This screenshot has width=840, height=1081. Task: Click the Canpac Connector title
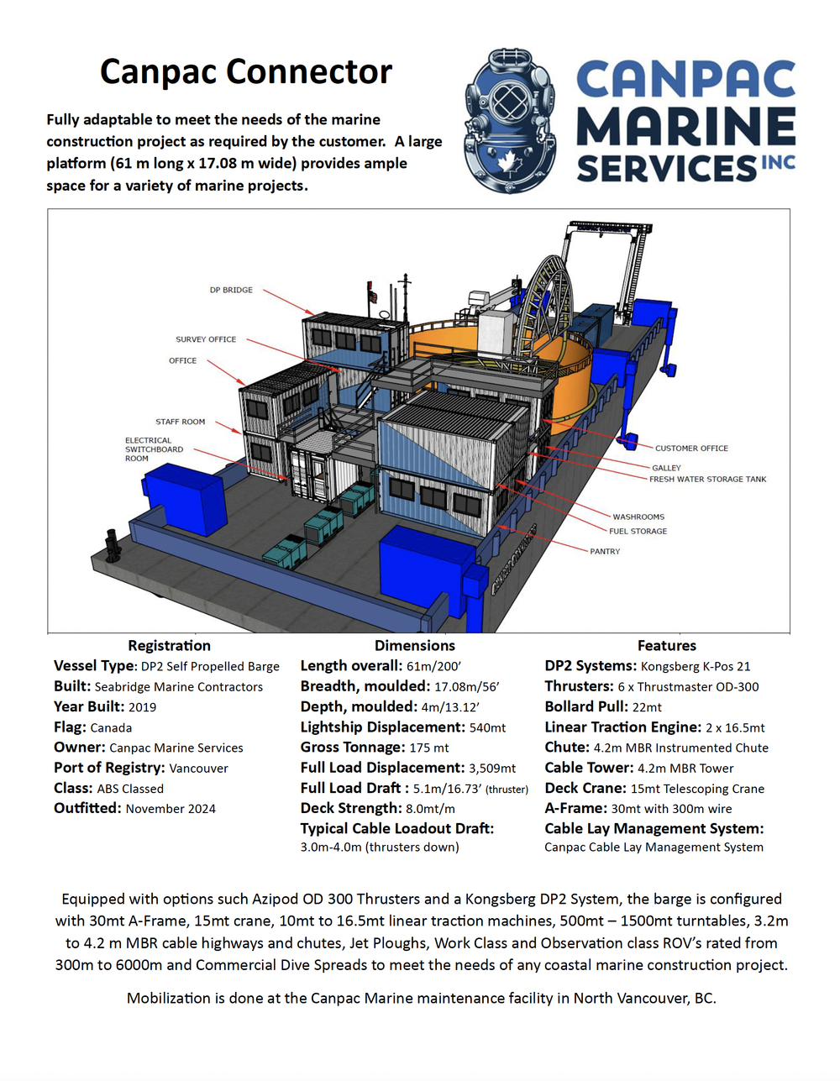point(246,72)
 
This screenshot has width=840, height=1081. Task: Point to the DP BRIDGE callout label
point(231,290)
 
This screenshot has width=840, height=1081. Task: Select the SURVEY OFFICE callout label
point(206,339)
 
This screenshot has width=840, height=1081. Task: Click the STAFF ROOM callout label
point(180,422)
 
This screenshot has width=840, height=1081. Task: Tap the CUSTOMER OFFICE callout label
point(691,449)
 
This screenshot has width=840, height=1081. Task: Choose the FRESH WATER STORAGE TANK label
point(707,480)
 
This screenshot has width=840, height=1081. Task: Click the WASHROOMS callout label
point(638,517)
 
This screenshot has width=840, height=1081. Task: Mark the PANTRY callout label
point(605,552)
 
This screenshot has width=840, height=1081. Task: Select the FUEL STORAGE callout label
point(638,532)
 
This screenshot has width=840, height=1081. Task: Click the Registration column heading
point(169,645)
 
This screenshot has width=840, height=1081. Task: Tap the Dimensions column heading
point(415,645)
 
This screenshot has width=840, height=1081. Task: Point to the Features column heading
point(666,645)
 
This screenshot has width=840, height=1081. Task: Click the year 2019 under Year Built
point(142,707)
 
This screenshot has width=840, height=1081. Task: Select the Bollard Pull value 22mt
point(647,707)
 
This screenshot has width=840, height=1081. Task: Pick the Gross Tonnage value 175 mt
point(429,748)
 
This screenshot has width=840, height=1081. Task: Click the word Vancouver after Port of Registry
point(198,769)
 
